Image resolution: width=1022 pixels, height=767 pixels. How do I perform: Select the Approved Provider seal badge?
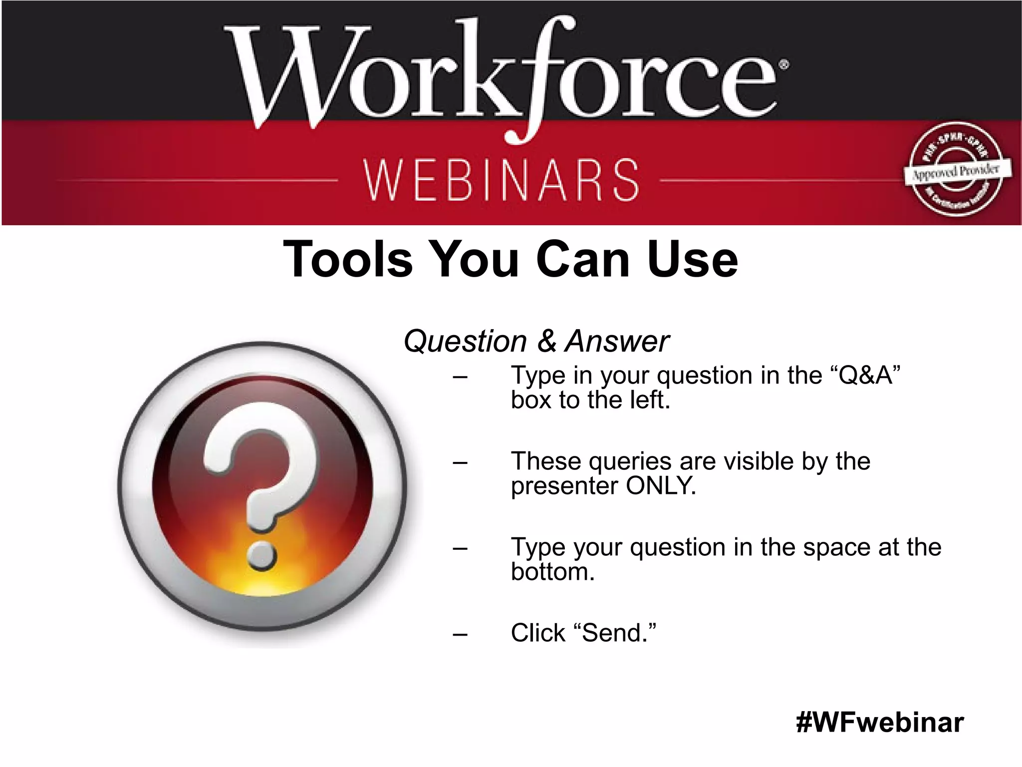955,170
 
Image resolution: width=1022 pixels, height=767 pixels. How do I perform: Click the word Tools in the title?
348,259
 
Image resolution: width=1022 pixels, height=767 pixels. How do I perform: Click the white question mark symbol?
259,469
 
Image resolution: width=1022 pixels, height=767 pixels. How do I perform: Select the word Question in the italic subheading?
465,342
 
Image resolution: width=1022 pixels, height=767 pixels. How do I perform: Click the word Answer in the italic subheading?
617,342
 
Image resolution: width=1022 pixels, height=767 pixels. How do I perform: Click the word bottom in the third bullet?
552,572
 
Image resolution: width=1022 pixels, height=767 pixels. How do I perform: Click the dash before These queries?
460,463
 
